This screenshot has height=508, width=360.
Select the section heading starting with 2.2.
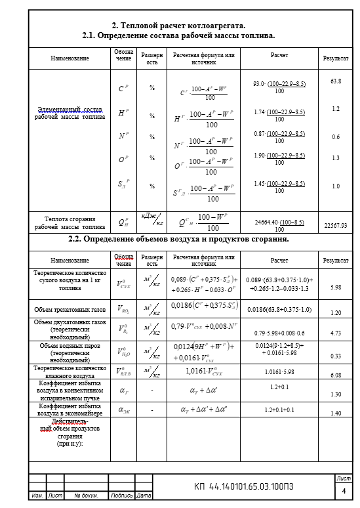pos(179,239)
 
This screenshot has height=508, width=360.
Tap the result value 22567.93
pos(335,225)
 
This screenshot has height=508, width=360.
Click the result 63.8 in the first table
pos(336,81)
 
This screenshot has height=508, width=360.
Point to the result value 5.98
pos(336,287)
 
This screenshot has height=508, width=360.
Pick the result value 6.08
pos(336,375)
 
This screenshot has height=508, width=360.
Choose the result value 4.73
pos(336,333)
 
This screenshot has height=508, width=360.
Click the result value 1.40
pos(336,413)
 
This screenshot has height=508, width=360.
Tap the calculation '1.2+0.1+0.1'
pos(279,410)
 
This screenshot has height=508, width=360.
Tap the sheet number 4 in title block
pos(343,490)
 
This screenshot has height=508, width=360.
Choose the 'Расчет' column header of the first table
pos(279,56)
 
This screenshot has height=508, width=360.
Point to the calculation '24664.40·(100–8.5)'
pos(279,222)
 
